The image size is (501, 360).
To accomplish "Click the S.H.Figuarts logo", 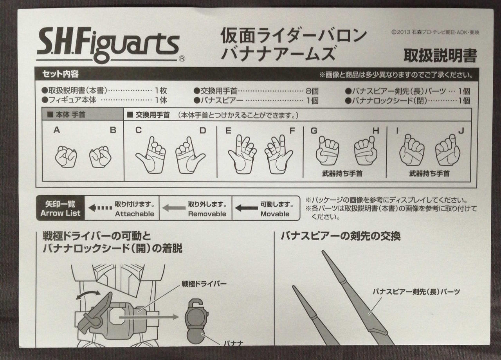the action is pos(109,45).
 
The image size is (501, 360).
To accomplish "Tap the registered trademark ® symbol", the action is pos(182,59).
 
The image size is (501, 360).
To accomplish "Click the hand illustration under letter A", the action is pos(66,157).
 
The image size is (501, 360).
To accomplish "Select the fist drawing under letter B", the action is pos(100,157).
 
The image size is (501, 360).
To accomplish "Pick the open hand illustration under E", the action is pos(242,154).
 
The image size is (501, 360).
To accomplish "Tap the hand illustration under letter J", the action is pos(447,150).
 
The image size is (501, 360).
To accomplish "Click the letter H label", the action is pos(376,131).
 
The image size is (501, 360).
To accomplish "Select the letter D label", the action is pos(203,130).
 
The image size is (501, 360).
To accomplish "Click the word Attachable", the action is pos(135,214).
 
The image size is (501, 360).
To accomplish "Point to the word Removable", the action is pos(207,214).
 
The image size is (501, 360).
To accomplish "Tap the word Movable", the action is pos(275,214).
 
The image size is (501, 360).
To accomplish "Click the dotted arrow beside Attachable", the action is pos(100,208).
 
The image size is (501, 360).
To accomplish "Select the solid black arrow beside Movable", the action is pos(246,208).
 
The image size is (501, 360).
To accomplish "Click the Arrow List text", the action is pos(60,213).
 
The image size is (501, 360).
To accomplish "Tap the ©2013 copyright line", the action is pos(435,32).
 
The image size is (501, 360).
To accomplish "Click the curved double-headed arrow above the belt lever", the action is pos(88,295).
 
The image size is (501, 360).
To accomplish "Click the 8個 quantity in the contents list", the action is pos(312,91).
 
